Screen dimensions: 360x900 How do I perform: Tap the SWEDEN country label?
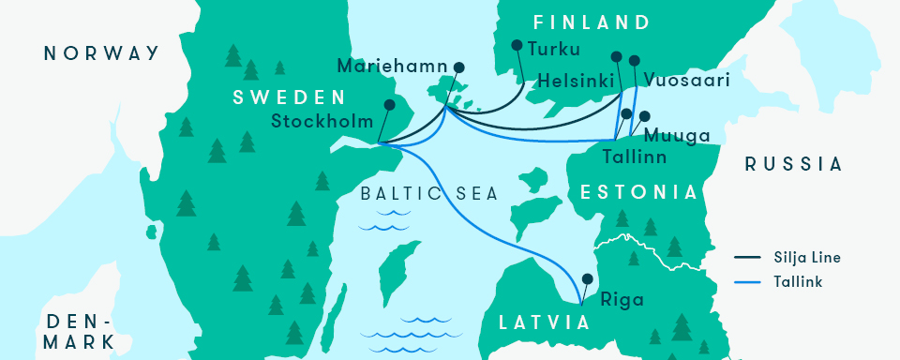[290, 97]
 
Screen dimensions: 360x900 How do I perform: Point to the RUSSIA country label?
[793, 164]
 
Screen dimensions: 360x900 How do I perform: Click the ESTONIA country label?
[640, 192]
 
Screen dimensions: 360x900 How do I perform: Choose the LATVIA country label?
[545, 322]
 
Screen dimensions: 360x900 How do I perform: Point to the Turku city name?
[554, 50]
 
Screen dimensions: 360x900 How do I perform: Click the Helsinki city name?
[576, 82]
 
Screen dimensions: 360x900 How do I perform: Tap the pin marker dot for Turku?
[517, 44]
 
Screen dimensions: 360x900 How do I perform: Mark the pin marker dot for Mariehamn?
[459, 67]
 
